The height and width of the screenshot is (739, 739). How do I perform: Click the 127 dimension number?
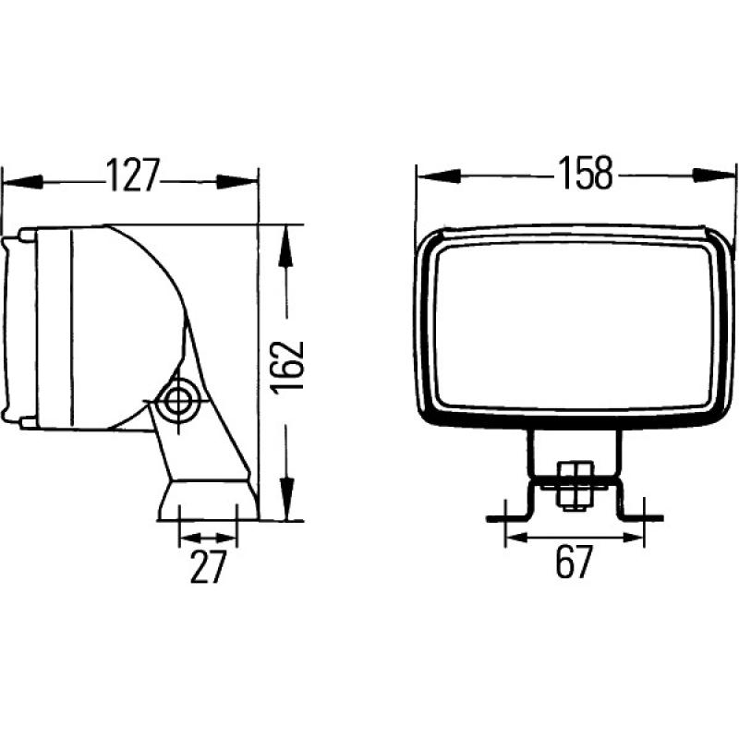point(131,176)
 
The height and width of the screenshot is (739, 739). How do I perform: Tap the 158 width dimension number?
point(586,174)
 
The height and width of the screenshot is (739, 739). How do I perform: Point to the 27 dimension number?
point(208,567)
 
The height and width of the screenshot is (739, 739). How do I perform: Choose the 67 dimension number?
point(574,563)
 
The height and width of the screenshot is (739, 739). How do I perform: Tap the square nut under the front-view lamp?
point(574,486)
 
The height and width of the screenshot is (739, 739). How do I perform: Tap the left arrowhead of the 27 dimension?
point(188,537)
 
